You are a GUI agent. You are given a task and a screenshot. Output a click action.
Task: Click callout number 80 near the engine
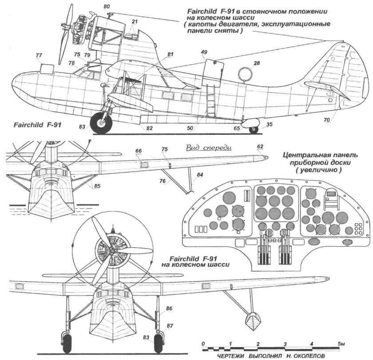106,7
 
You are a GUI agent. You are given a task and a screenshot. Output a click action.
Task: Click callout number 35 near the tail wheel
269,125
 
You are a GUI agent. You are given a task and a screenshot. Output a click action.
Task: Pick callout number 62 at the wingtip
260,146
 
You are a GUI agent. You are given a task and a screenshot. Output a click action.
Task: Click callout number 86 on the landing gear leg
169,308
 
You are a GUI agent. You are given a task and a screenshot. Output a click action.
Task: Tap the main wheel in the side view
101,124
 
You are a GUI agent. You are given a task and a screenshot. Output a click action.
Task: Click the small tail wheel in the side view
253,130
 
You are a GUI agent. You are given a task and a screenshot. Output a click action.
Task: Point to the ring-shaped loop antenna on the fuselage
244,74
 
